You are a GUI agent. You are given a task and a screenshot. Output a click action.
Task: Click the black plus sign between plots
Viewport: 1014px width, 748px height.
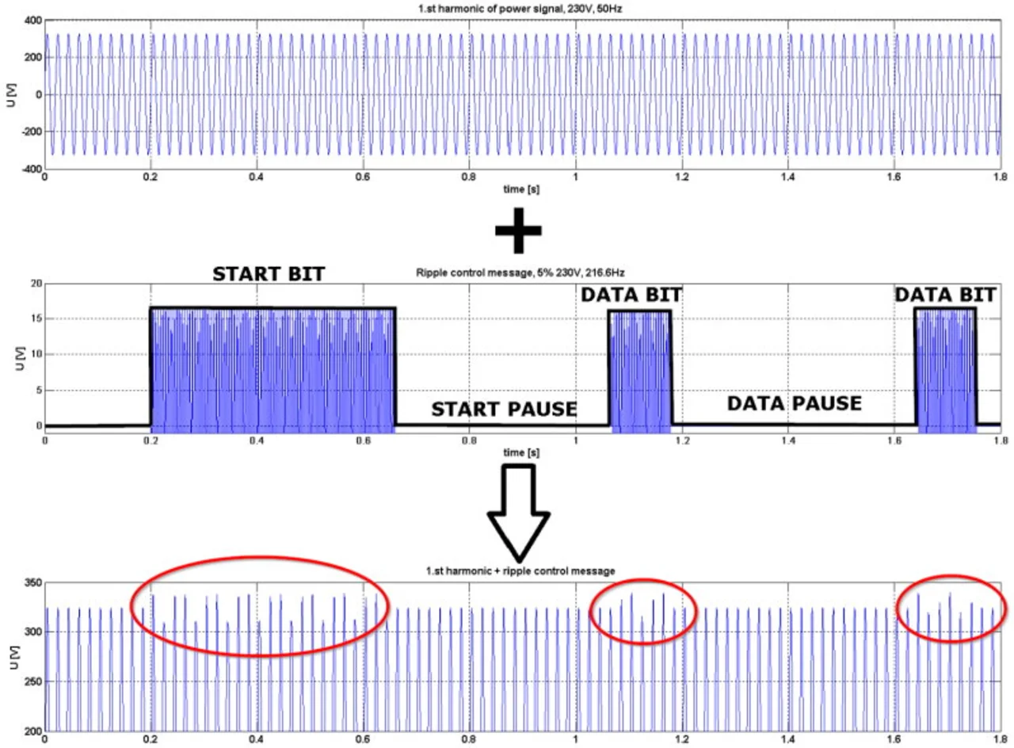(518, 230)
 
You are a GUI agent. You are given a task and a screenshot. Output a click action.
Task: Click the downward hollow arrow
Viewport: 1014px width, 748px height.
(518, 515)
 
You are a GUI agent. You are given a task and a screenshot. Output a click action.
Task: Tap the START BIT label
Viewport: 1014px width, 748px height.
(269, 275)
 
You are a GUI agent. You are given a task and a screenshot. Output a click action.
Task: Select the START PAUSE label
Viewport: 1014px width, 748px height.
(504, 410)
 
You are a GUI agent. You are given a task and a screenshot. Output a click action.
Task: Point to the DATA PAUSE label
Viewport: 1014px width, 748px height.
(794, 404)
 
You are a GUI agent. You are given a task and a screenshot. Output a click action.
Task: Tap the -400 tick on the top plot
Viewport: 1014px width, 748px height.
(29, 169)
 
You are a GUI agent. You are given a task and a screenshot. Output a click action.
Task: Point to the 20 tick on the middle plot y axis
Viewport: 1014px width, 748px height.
(34, 283)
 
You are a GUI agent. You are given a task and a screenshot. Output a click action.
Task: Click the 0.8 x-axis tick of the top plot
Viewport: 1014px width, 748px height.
(469, 179)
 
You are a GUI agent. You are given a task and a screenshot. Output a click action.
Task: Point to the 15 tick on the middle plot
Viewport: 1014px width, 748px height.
(34, 319)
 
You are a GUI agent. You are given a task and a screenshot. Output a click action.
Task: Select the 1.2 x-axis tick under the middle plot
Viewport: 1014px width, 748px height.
(681, 440)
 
